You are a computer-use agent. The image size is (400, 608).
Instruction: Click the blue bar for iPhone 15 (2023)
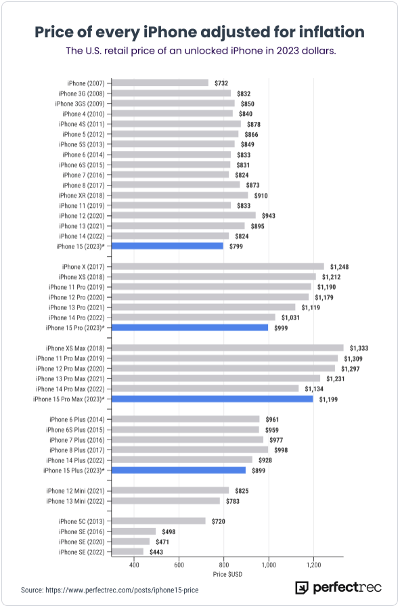pyautogui.click(x=167, y=246)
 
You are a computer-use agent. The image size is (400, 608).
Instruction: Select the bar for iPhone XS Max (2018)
pyautogui.click(x=227, y=348)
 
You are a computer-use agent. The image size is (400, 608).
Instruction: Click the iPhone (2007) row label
pyautogui.click(x=87, y=83)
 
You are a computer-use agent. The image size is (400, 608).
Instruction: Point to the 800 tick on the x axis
pyautogui.click(x=224, y=564)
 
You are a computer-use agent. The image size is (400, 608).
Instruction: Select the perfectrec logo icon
pyautogui.click(x=302, y=588)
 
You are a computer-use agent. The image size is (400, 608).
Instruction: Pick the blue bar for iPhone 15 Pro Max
pyautogui.click(x=213, y=399)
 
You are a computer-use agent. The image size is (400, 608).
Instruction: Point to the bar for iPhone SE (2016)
pyautogui.click(x=133, y=531)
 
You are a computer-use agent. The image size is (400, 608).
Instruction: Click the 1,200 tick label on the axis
pyautogui.click(x=313, y=564)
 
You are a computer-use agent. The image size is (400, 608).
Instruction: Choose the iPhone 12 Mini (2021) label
pyautogui.click(x=76, y=490)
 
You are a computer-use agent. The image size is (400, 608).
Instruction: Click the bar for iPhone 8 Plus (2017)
pyautogui.click(x=190, y=450)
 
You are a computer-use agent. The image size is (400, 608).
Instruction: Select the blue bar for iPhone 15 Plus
pyautogui.click(x=179, y=470)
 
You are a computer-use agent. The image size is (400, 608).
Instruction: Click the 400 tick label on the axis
pyautogui.click(x=134, y=564)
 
